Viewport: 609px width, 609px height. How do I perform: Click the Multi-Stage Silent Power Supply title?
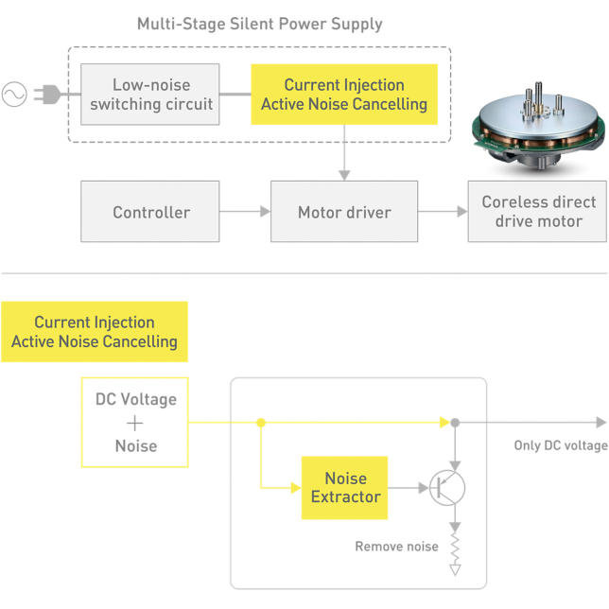(x=260, y=24)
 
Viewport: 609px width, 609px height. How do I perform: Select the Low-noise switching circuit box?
(x=150, y=95)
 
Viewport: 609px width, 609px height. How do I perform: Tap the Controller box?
(x=150, y=212)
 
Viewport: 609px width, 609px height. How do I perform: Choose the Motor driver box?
(x=343, y=212)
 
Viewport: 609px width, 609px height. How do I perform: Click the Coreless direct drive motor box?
(x=538, y=212)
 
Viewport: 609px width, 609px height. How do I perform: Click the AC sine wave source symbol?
(x=14, y=94)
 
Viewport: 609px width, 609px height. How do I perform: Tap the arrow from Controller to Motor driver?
(x=245, y=212)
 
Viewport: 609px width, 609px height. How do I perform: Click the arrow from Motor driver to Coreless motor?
(x=443, y=212)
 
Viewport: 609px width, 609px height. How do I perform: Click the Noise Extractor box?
(x=345, y=488)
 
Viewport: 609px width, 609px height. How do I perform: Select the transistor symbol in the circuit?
(x=447, y=487)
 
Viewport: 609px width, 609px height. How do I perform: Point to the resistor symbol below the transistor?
(x=456, y=549)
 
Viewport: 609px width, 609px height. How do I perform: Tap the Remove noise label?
(x=396, y=547)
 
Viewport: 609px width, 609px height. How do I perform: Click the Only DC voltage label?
(x=560, y=445)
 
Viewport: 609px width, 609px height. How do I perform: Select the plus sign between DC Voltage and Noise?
(x=135, y=423)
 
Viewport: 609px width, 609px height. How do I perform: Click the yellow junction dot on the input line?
(x=260, y=422)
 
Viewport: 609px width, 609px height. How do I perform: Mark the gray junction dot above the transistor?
(x=456, y=422)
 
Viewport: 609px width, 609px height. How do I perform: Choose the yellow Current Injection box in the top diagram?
(x=344, y=95)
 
